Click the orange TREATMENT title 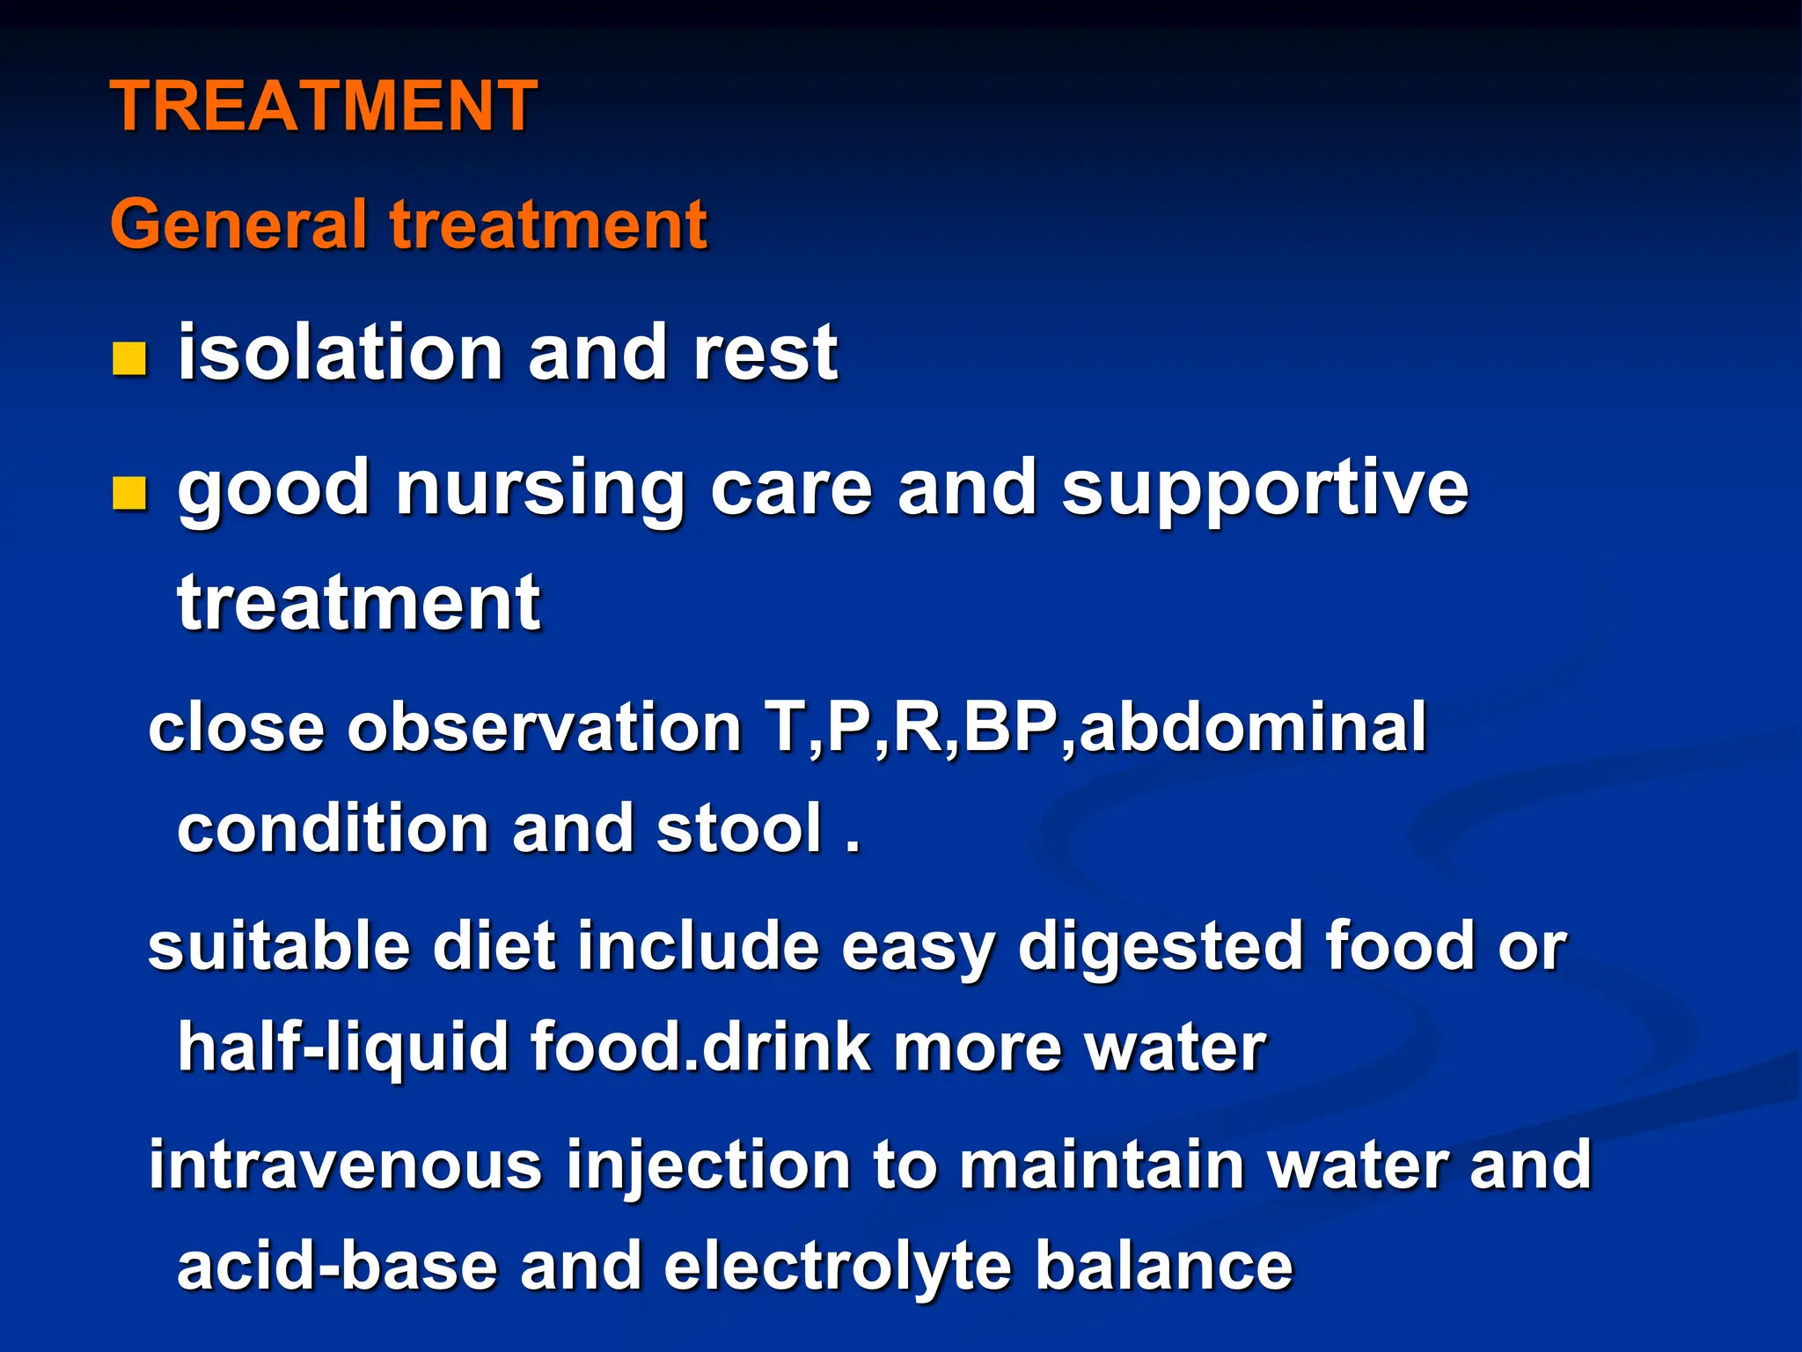(323, 106)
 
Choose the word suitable (279, 946)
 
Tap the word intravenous (345, 1165)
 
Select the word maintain (1101, 1165)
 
